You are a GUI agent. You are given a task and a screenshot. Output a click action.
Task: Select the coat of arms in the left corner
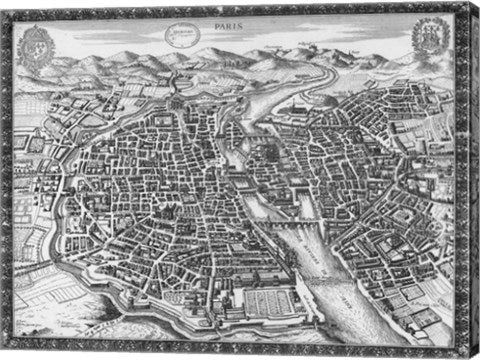(37, 44)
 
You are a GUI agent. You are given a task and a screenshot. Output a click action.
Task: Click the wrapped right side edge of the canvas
(473, 180)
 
